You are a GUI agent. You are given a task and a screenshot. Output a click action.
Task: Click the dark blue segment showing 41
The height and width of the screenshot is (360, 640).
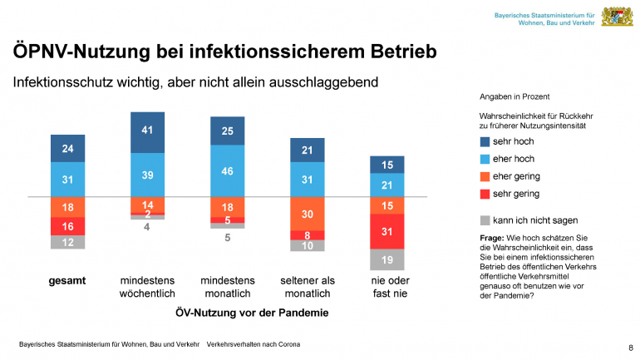pyautogui.click(x=147, y=130)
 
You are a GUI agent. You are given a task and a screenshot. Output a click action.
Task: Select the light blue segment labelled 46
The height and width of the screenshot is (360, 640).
pyautogui.click(x=227, y=170)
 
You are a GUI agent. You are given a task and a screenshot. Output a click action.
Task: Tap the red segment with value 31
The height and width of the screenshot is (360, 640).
pyautogui.click(x=386, y=231)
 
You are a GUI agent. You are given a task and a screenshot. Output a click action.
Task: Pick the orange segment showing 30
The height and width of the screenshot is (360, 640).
pyautogui.click(x=307, y=214)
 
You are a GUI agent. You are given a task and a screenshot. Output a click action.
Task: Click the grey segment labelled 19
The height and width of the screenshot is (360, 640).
pyautogui.click(x=386, y=260)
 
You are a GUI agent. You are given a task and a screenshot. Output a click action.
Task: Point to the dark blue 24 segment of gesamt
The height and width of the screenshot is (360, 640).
pyautogui.click(x=67, y=148)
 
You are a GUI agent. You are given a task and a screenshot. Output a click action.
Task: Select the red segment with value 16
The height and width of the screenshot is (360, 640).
pyautogui.click(x=67, y=226)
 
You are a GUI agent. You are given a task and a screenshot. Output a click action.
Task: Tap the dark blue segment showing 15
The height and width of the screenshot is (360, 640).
pyautogui.click(x=386, y=165)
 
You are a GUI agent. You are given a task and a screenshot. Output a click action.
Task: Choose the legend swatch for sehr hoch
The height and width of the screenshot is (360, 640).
pyautogui.click(x=485, y=142)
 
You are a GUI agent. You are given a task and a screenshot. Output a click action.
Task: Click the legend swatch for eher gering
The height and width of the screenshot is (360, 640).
pyautogui.click(x=485, y=176)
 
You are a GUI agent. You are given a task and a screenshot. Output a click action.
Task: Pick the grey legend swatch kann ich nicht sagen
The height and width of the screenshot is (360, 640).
pyautogui.click(x=485, y=220)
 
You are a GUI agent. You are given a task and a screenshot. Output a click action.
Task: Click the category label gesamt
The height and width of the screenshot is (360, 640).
pyautogui.click(x=67, y=281)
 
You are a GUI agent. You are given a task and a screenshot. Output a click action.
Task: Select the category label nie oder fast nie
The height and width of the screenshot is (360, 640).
pyautogui.click(x=386, y=287)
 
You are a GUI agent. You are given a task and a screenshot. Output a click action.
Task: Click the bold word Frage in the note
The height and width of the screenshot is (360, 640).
pyautogui.click(x=495, y=239)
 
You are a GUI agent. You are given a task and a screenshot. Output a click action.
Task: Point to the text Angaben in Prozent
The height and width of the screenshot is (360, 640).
pyautogui.click(x=514, y=97)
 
